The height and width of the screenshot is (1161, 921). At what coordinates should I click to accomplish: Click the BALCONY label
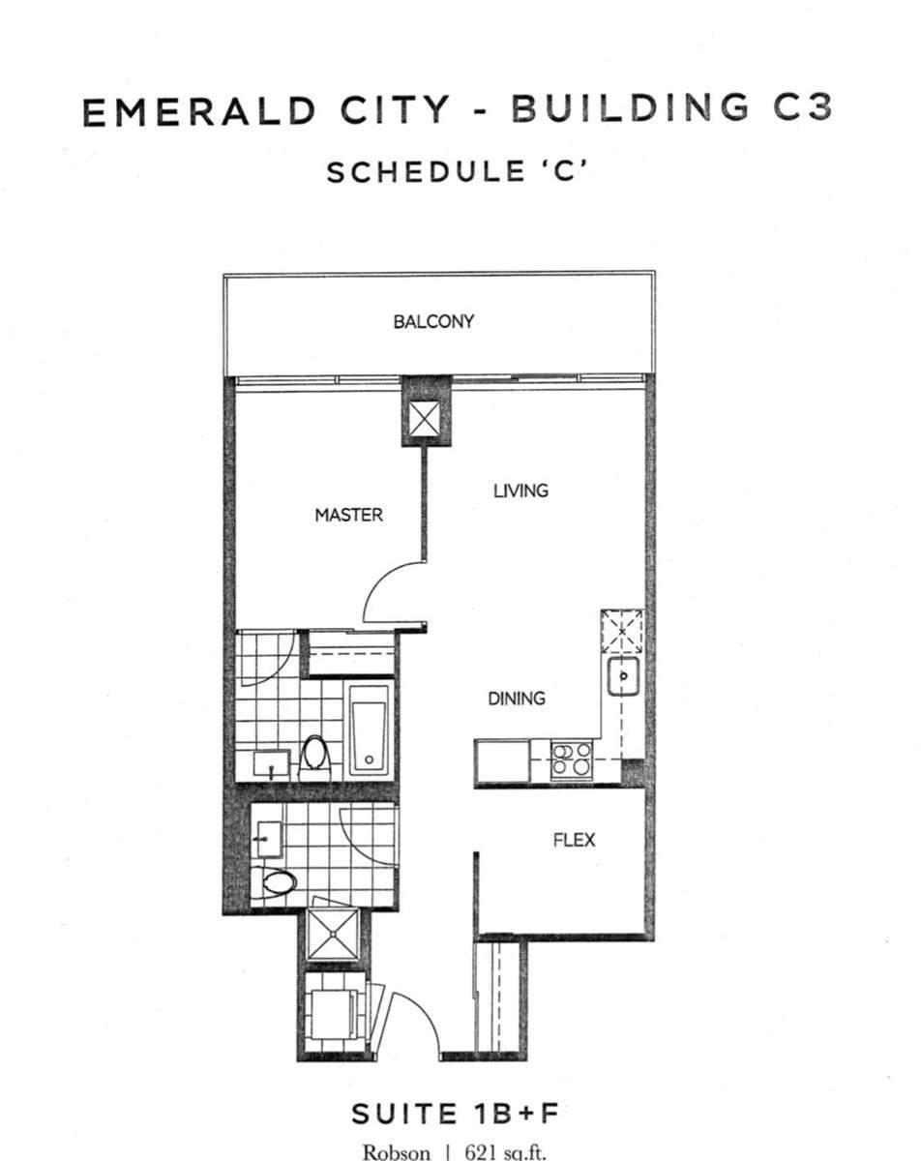point(433,321)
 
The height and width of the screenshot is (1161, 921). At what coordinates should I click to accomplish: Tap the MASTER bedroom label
point(348,515)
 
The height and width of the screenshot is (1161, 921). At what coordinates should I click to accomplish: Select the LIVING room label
point(520,491)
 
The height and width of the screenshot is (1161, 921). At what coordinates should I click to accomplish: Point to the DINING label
point(516,698)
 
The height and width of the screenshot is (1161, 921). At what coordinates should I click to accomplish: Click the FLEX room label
point(574,839)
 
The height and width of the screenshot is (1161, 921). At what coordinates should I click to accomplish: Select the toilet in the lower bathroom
point(279,881)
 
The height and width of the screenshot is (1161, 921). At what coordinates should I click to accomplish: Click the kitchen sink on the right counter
point(624,675)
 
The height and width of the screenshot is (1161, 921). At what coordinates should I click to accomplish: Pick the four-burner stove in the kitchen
point(571,759)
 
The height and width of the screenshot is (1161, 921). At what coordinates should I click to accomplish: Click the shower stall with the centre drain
point(333,936)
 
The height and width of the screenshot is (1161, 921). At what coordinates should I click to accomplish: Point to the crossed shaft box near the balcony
point(426,419)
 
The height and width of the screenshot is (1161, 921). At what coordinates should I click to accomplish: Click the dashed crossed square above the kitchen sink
point(623,631)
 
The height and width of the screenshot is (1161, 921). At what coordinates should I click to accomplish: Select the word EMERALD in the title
point(198,112)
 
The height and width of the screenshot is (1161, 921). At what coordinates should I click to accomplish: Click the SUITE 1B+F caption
point(455,1114)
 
